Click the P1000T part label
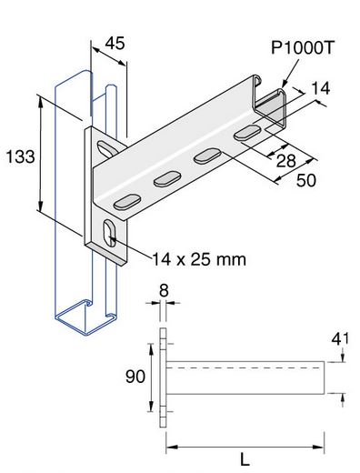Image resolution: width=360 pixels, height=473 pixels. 302,48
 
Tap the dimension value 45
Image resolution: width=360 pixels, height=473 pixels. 115,44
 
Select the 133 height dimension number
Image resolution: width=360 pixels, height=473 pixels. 20,157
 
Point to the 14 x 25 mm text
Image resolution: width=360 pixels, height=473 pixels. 199,259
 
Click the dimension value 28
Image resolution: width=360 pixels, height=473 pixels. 285,161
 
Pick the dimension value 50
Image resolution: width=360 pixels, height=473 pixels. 306,181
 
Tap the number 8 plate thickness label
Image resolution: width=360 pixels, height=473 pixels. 164,291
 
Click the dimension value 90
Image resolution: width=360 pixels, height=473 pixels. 135,377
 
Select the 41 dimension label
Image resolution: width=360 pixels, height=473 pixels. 340,339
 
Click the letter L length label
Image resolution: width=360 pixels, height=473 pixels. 245,459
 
